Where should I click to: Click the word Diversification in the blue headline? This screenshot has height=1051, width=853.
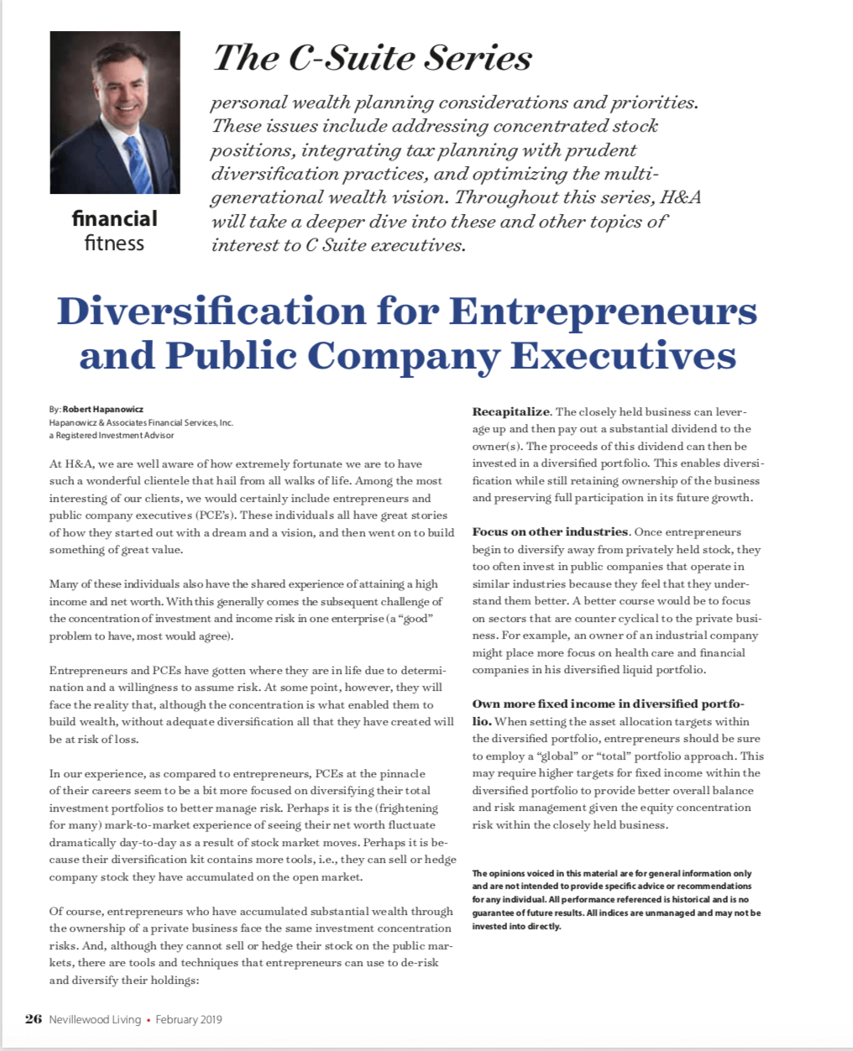[x=209, y=311]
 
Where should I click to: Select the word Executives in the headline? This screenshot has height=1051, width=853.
[x=623, y=355]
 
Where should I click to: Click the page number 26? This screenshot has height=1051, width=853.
[x=34, y=1019]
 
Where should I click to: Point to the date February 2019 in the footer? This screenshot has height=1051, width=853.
[x=188, y=1019]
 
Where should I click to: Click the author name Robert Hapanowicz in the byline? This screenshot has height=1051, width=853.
[x=102, y=410]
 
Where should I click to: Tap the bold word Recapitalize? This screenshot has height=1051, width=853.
[x=510, y=411]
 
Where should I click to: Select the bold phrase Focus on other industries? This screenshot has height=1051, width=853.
[x=550, y=531]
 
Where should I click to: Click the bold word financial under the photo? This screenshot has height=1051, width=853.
[x=115, y=219]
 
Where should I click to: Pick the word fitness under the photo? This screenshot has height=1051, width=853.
[x=115, y=243]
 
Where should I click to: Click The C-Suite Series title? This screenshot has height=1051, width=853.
[x=372, y=58]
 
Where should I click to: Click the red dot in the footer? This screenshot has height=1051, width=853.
[x=149, y=1020]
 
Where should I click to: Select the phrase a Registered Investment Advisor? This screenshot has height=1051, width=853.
[x=113, y=435]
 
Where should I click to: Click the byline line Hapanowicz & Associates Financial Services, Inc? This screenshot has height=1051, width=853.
[x=141, y=422]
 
